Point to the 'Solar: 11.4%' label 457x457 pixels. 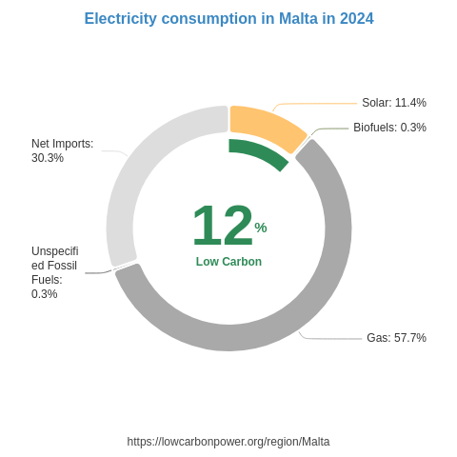(x=393, y=103)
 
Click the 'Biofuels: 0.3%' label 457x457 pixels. (x=389, y=128)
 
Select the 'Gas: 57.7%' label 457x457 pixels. (x=396, y=338)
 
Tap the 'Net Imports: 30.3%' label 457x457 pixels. (x=62, y=150)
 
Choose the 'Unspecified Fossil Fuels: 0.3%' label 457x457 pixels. (x=54, y=272)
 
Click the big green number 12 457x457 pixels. (x=222, y=227)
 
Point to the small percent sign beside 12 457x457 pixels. (x=261, y=228)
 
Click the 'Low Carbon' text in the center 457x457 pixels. (x=228, y=262)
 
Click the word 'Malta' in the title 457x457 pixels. (x=299, y=19)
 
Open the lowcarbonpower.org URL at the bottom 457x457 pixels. (x=228, y=442)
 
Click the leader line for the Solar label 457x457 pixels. (x=314, y=103)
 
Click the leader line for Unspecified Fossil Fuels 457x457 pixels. (x=98, y=273)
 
